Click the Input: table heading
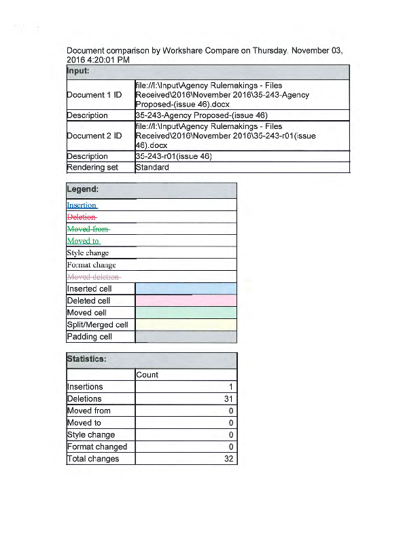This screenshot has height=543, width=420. click(79, 71)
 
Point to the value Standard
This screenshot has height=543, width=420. click(152, 167)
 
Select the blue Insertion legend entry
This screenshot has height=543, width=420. click(82, 205)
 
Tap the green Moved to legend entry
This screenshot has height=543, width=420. click(83, 241)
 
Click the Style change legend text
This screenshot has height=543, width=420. click(88, 253)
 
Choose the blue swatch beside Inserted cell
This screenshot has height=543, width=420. click(186, 288)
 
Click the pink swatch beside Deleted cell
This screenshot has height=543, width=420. click(186, 301)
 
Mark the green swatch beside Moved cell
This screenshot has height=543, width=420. click(186, 312)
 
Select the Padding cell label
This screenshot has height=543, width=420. click(89, 337)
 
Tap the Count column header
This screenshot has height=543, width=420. click(147, 375)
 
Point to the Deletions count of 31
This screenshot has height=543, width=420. click(229, 399)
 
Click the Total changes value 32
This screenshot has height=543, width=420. click(229, 459)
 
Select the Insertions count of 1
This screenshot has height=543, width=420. click(231, 387)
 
